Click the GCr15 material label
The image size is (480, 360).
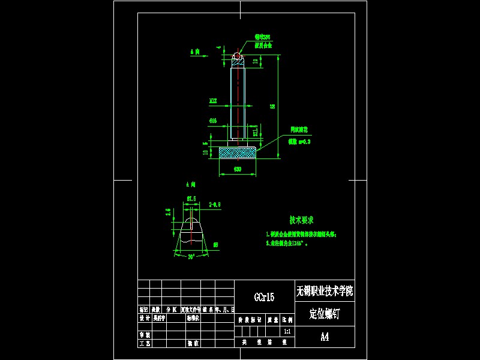[x=264, y=297]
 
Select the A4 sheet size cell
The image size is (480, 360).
[x=325, y=337]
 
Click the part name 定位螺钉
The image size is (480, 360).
[x=325, y=313]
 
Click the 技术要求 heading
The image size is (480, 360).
[x=302, y=220]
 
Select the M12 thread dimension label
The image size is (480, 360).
[x=213, y=100]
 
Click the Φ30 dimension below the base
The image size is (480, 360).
[x=237, y=170]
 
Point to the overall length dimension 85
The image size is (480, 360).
[x=273, y=106]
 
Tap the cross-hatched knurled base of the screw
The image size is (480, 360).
[x=238, y=153]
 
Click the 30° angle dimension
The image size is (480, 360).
[x=191, y=256]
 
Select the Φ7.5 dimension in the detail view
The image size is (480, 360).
[x=191, y=198]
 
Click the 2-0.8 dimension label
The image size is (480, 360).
[x=215, y=205]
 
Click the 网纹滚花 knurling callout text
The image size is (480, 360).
[x=299, y=129]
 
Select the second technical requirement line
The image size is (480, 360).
[x=290, y=244]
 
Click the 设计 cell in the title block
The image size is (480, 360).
[x=144, y=318]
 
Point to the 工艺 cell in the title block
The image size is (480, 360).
[x=144, y=344]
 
